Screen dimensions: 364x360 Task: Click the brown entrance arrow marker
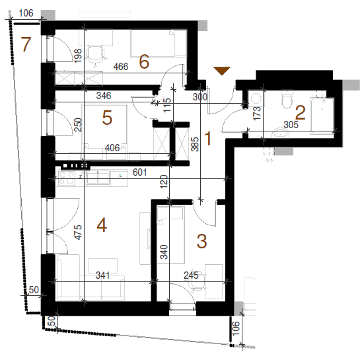pos(222,71)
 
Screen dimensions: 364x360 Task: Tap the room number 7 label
pos(26,44)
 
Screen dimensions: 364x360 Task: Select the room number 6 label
pos(144,61)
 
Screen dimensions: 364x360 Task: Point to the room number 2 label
pos(301,113)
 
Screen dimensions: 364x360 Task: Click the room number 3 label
pos(201,241)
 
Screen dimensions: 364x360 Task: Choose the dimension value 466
pos(121,67)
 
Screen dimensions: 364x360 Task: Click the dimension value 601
pos(140,172)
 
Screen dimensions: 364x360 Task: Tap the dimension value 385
pos(196,145)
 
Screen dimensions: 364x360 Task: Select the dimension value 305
pos(291,125)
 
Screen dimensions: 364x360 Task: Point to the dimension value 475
pos(78,232)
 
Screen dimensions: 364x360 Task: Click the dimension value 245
pos(191,275)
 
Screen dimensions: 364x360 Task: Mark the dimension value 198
pos(78,55)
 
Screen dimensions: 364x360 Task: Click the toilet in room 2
pos(287,99)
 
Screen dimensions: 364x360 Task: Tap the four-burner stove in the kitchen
pos(67,178)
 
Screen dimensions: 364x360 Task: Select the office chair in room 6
pos(96,55)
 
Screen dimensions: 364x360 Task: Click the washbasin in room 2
pos(280,133)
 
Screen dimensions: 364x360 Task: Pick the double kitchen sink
pos(98,177)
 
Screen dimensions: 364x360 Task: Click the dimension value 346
pos(104,96)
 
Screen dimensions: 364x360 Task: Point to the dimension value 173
pos(257,113)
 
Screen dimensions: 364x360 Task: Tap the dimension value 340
pos(164,252)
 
